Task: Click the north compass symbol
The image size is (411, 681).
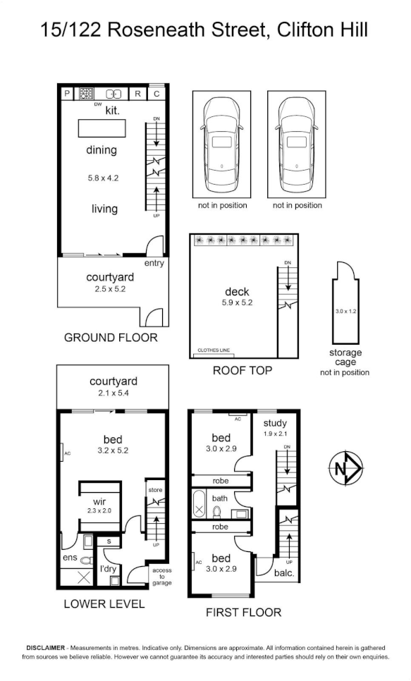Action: [x=345, y=468]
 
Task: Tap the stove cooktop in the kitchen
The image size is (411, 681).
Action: [x=87, y=93]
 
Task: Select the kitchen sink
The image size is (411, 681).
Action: [x=114, y=93]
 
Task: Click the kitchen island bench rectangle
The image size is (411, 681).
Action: [x=102, y=128]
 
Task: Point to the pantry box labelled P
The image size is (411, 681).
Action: [x=67, y=93]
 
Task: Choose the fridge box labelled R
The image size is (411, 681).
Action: [x=137, y=93]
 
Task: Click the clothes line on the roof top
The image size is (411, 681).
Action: [x=214, y=355]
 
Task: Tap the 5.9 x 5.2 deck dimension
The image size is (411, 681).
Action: [x=237, y=302]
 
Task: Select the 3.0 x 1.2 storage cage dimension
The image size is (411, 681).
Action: [x=346, y=311]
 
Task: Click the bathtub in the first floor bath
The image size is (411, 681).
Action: [x=199, y=504]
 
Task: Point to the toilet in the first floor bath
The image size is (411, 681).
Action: [x=217, y=512]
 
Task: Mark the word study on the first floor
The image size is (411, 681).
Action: [x=275, y=423]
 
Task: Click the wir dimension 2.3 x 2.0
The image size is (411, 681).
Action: [x=99, y=510]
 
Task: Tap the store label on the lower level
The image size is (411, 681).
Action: [x=155, y=490]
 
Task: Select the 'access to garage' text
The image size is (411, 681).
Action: [x=162, y=577]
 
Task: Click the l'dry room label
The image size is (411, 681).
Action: [x=107, y=568]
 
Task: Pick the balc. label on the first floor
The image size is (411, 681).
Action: [x=284, y=573]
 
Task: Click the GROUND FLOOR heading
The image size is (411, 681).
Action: [x=111, y=338]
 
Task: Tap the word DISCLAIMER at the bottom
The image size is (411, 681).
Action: [x=46, y=648]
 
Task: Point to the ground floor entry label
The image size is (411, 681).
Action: [x=154, y=263]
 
